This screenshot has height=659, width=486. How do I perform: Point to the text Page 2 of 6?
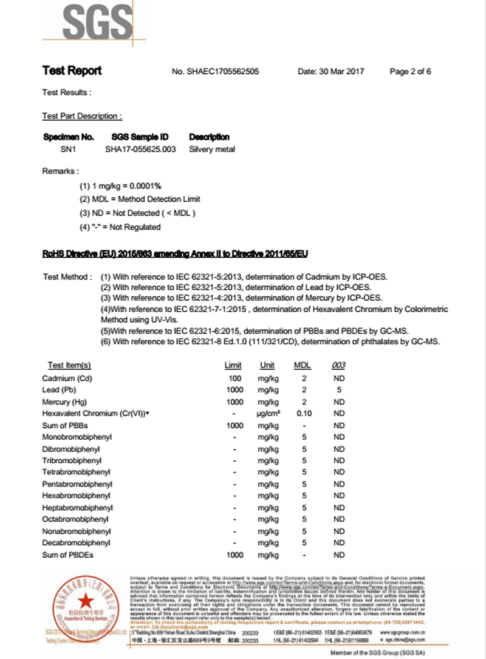click(410, 72)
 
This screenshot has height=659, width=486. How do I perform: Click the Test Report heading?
click(72, 70)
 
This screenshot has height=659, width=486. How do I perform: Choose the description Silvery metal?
click(212, 149)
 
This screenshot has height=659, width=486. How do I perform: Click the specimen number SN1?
click(63, 149)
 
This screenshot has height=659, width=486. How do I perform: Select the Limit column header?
click(233, 365)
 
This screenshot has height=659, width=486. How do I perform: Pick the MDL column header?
click(303, 365)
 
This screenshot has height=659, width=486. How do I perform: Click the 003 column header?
click(338, 365)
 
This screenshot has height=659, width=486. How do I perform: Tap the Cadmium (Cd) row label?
click(67, 378)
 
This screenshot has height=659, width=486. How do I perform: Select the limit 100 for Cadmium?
click(234, 378)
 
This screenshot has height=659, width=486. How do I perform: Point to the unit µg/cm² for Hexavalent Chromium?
click(267, 414)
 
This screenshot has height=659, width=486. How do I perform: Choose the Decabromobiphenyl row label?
click(77, 543)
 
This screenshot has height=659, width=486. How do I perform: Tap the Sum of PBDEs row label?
click(68, 555)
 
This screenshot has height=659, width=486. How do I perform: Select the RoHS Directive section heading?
click(179, 253)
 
